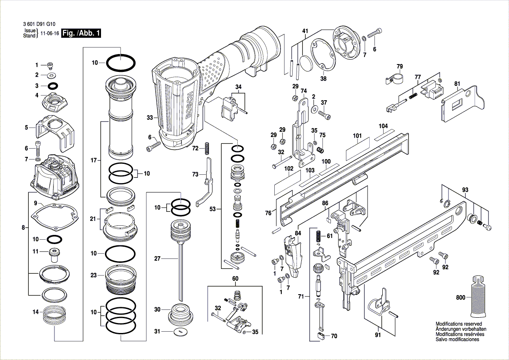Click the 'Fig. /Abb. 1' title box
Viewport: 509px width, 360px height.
(81, 34)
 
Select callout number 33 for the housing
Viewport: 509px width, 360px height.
(149, 118)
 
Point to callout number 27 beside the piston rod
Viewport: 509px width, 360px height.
(157, 258)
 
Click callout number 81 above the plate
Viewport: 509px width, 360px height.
(457, 84)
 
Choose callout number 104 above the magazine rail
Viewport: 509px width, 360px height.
(383, 126)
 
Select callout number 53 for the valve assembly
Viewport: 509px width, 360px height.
(212, 210)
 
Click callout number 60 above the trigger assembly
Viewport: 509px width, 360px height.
(235, 278)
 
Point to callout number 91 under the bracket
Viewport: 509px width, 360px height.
(378, 335)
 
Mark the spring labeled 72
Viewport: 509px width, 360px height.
(207, 148)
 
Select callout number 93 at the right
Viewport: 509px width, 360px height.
(465, 190)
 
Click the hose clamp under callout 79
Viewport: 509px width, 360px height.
(395, 80)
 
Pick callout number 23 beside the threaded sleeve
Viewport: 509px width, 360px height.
(93, 275)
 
